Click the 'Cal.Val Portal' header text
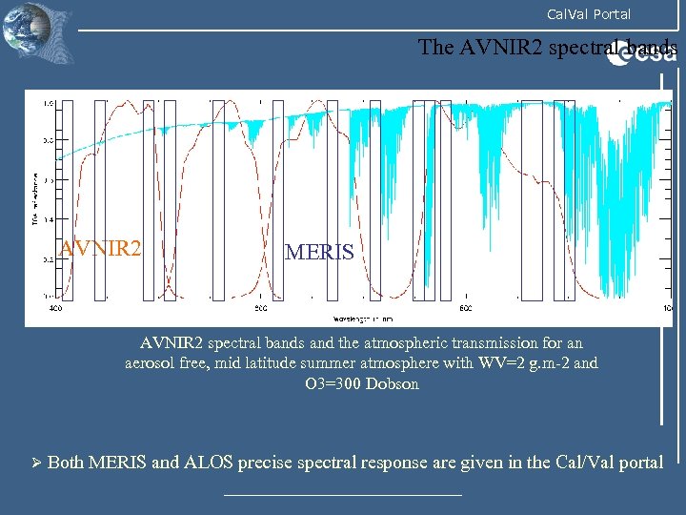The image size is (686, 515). [x=588, y=14]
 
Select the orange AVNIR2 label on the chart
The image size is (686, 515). [x=101, y=250]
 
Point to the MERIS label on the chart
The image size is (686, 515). [x=319, y=253]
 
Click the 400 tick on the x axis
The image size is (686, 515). [x=56, y=309]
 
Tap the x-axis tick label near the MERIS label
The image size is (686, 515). [x=260, y=309]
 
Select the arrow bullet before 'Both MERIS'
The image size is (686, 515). [x=34, y=463]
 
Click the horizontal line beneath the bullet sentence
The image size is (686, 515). [x=342, y=495]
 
